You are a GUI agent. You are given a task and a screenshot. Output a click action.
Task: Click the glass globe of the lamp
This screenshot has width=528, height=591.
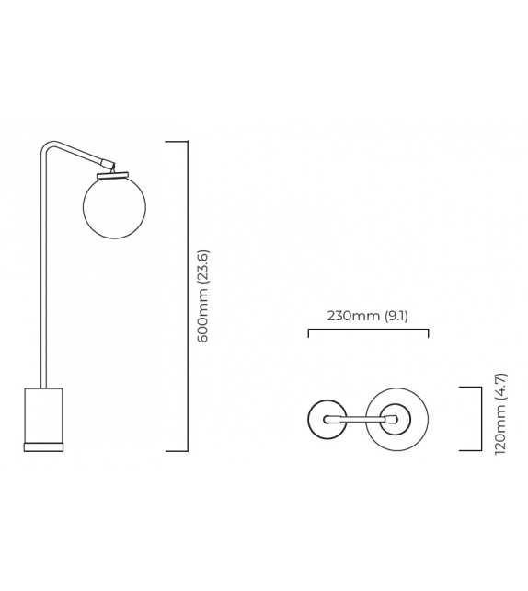(x=116, y=205)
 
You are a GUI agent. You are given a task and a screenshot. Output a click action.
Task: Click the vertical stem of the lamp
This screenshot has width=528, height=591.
(x=42, y=276)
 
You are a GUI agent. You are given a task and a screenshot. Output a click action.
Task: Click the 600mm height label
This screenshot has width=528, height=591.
(x=203, y=318)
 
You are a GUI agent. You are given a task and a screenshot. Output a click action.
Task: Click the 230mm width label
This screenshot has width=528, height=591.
(x=353, y=316)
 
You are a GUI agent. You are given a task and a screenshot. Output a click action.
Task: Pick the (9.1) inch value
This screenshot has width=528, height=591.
(x=396, y=316)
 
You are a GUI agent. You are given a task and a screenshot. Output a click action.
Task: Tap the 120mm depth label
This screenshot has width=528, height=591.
(x=500, y=435)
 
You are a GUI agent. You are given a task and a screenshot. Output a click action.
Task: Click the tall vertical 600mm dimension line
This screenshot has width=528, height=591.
(x=188, y=295)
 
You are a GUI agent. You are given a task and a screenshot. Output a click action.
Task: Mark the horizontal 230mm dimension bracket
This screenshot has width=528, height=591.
(x=368, y=330)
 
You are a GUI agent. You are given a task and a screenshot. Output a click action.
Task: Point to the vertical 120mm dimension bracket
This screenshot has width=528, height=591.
(x=480, y=419)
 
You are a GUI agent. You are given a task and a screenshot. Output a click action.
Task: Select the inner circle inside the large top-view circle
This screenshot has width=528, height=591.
(x=397, y=419)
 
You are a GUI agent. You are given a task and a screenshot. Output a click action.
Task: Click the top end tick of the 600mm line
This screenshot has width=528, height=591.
(x=177, y=142)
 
